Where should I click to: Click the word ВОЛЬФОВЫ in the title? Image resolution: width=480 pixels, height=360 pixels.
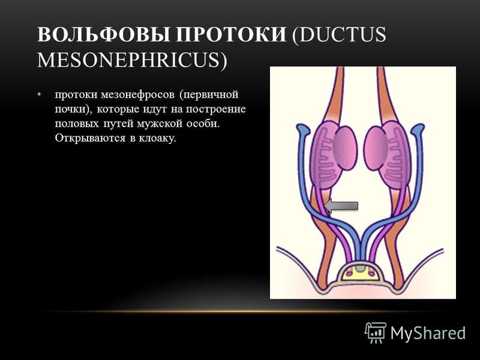pyautogui.click(x=103, y=34)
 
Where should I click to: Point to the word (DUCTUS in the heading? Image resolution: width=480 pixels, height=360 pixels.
pyautogui.click(x=339, y=35)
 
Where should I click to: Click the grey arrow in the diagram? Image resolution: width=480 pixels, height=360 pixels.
pyautogui.click(x=341, y=206)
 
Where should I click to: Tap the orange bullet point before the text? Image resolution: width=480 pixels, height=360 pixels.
pyautogui.click(x=39, y=94)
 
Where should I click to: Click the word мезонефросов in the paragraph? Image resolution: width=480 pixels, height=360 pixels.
pyautogui.click(x=138, y=95)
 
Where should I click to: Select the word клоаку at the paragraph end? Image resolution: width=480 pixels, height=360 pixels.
pyautogui.click(x=158, y=138)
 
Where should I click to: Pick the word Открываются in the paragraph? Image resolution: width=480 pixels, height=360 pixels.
pyautogui.click(x=91, y=139)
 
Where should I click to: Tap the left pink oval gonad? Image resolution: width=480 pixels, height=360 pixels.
pyautogui.click(x=344, y=148)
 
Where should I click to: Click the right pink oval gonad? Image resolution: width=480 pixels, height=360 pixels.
pyautogui.click(x=376, y=148)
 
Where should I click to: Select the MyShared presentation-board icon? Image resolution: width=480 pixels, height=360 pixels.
pyautogui.click(x=376, y=332)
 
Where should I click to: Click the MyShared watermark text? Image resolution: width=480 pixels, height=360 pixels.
pyautogui.click(x=428, y=333)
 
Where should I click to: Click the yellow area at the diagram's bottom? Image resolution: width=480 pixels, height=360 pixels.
pyautogui.click(x=361, y=275)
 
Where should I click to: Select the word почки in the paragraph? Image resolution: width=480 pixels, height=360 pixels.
pyautogui.click(x=71, y=109)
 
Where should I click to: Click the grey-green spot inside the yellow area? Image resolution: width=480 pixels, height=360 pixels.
pyautogui.click(x=361, y=269)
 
